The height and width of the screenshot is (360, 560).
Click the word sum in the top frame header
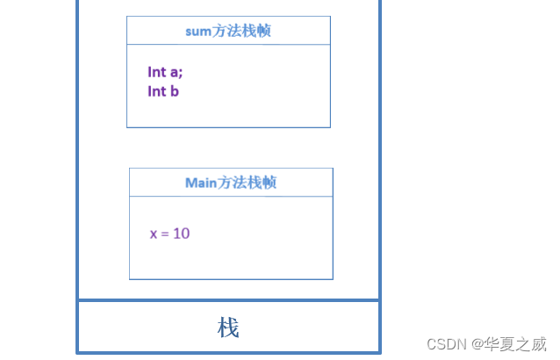[x=197, y=31]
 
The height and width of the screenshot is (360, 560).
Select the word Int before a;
[x=156, y=72]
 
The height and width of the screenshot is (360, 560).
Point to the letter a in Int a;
[x=175, y=73]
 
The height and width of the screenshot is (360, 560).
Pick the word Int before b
[x=156, y=91]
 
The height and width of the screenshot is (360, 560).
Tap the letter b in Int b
[x=175, y=91]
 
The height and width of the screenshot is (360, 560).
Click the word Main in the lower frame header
[x=200, y=183]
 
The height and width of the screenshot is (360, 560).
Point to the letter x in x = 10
[x=154, y=234]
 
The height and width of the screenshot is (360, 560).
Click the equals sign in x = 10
[x=164, y=234]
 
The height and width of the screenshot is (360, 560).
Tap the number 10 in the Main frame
[x=181, y=234]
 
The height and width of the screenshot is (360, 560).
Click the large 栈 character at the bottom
[x=228, y=328]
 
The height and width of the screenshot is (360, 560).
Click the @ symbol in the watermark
[x=477, y=343]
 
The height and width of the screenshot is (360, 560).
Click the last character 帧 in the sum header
[x=262, y=31]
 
